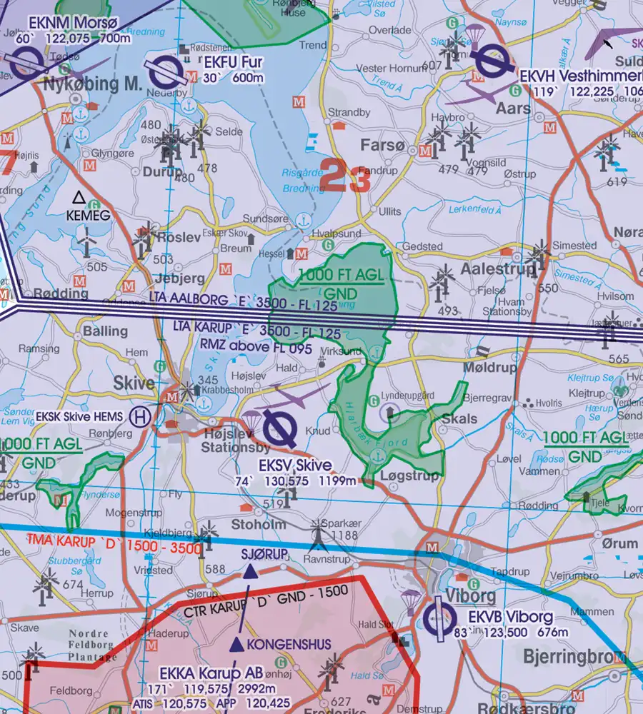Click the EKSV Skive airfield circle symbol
click(x=280, y=428)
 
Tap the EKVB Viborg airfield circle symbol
click(x=439, y=617)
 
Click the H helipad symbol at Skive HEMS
click(x=143, y=416)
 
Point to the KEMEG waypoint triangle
click(x=79, y=196)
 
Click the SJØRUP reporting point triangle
click(x=250, y=571)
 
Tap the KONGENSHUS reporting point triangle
click(x=236, y=645)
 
